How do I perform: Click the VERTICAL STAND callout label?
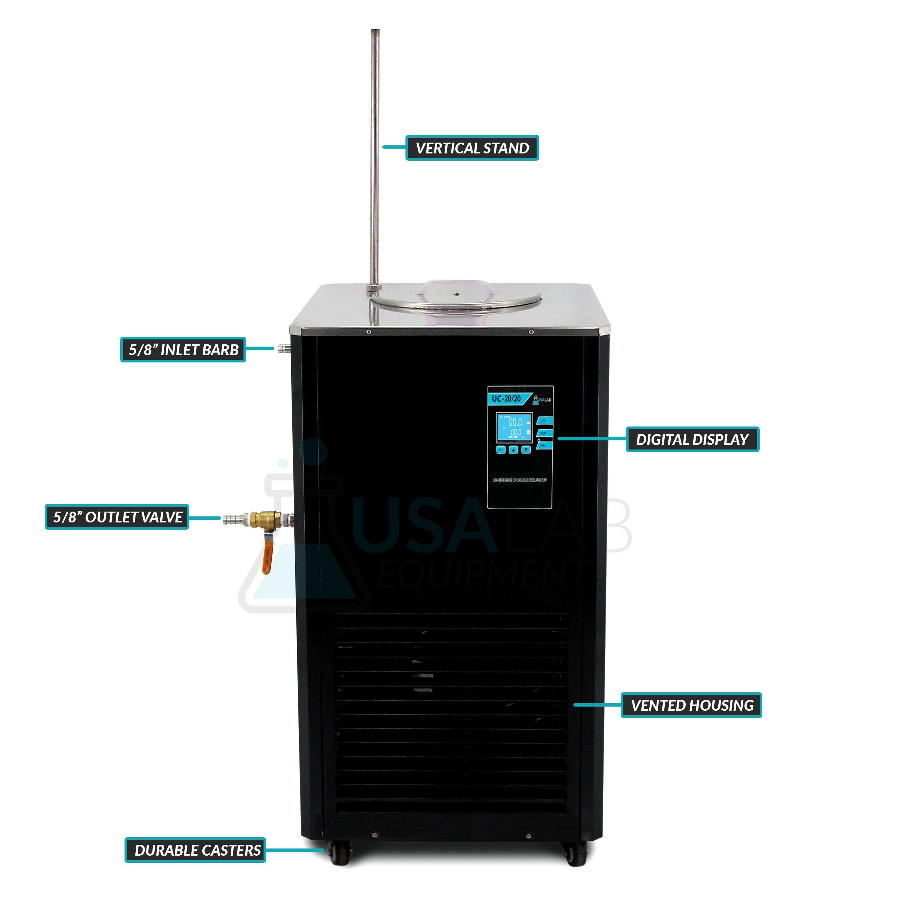click(x=472, y=148)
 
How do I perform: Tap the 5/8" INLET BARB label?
click(x=183, y=350)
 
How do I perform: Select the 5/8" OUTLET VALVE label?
click(x=117, y=517)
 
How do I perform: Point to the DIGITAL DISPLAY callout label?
click(x=692, y=439)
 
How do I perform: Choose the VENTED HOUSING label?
click(x=691, y=705)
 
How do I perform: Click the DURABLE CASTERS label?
click(x=195, y=850)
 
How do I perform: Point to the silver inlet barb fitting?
click(x=282, y=348)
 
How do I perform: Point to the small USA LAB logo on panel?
click(x=542, y=400)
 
